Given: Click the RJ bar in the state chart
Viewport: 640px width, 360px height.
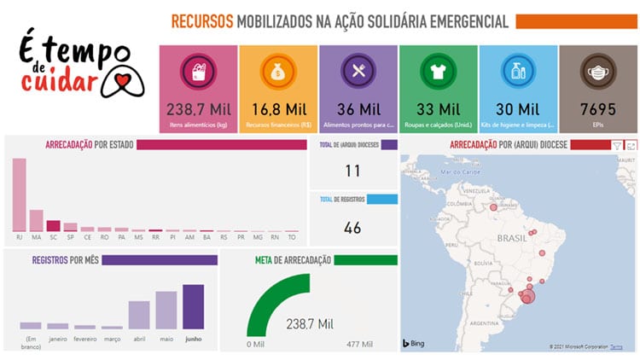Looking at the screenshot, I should pyautogui.click(x=19, y=195).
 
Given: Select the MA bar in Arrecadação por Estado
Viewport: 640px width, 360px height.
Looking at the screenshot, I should pyautogui.click(x=36, y=220).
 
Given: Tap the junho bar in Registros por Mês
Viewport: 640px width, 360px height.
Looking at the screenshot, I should pyautogui.click(x=194, y=307).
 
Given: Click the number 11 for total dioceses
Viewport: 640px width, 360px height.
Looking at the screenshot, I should pyautogui.click(x=352, y=171).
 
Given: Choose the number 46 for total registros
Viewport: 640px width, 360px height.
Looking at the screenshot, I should pyautogui.click(x=352, y=228).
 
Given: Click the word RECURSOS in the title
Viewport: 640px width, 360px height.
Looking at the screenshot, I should pyautogui.click(x=201, y=21).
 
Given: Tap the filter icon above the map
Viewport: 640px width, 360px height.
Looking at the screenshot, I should pyautogui.click(x=617, y=146).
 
